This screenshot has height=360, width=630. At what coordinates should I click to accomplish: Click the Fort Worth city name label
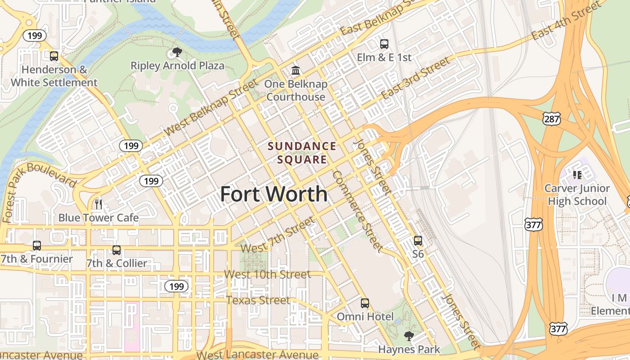coord(274,194)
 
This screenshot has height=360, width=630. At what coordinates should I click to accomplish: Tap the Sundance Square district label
coord(302,153)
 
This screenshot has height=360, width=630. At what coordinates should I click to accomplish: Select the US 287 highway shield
coord(552,119)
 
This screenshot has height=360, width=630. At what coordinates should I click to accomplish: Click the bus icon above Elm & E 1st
coord(384,44)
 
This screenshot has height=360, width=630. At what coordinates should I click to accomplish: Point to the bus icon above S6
coord(418,241)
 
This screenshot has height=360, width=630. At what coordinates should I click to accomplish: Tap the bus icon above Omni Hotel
coord(365,303)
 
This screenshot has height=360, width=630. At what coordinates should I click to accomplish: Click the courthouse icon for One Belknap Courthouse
coord(296,71)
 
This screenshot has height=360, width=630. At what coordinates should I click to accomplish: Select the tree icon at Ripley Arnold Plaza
coord(177,52)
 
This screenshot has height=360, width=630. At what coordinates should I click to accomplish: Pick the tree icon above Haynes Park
coord(409,336)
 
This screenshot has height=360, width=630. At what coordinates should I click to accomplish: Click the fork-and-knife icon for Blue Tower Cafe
coord(99,204)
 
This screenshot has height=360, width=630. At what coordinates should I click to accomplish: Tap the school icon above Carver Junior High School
coord(577,175)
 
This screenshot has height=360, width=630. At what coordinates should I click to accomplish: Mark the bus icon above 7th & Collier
coord(117,250)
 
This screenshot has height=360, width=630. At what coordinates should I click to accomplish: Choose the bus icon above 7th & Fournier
coord(37,246)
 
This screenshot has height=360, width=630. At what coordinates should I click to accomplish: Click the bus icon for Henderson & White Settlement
coord(54,56)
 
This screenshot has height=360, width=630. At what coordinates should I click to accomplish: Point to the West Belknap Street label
coord(211,107)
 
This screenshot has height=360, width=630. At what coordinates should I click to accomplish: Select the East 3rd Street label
coord(415,79)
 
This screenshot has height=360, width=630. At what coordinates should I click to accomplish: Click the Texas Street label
coord(258,300)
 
